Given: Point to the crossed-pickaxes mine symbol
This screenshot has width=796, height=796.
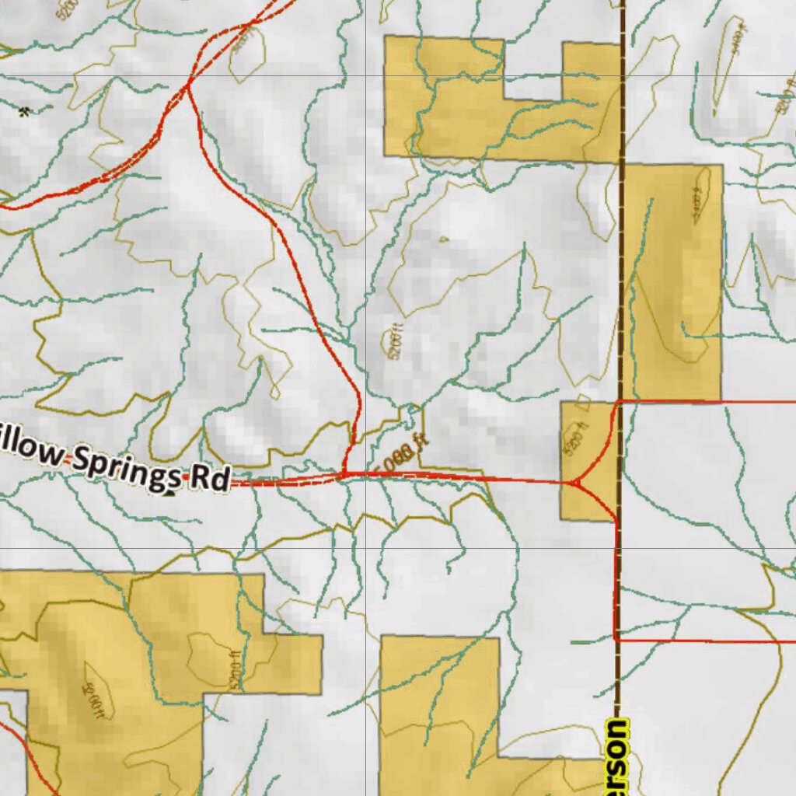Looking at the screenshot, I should click(26, 111).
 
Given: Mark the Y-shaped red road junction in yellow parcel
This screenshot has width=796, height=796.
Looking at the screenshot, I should click(575, 484).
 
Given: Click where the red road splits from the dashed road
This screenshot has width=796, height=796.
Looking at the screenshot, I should click(188, 84).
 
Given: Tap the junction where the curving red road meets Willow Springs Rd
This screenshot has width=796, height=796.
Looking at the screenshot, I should click(344, 472).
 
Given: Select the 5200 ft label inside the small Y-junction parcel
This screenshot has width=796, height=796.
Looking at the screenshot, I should click(576, 440).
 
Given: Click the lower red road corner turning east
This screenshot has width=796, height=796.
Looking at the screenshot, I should click(616, 639).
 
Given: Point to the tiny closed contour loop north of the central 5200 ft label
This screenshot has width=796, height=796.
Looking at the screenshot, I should click(444, 239).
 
